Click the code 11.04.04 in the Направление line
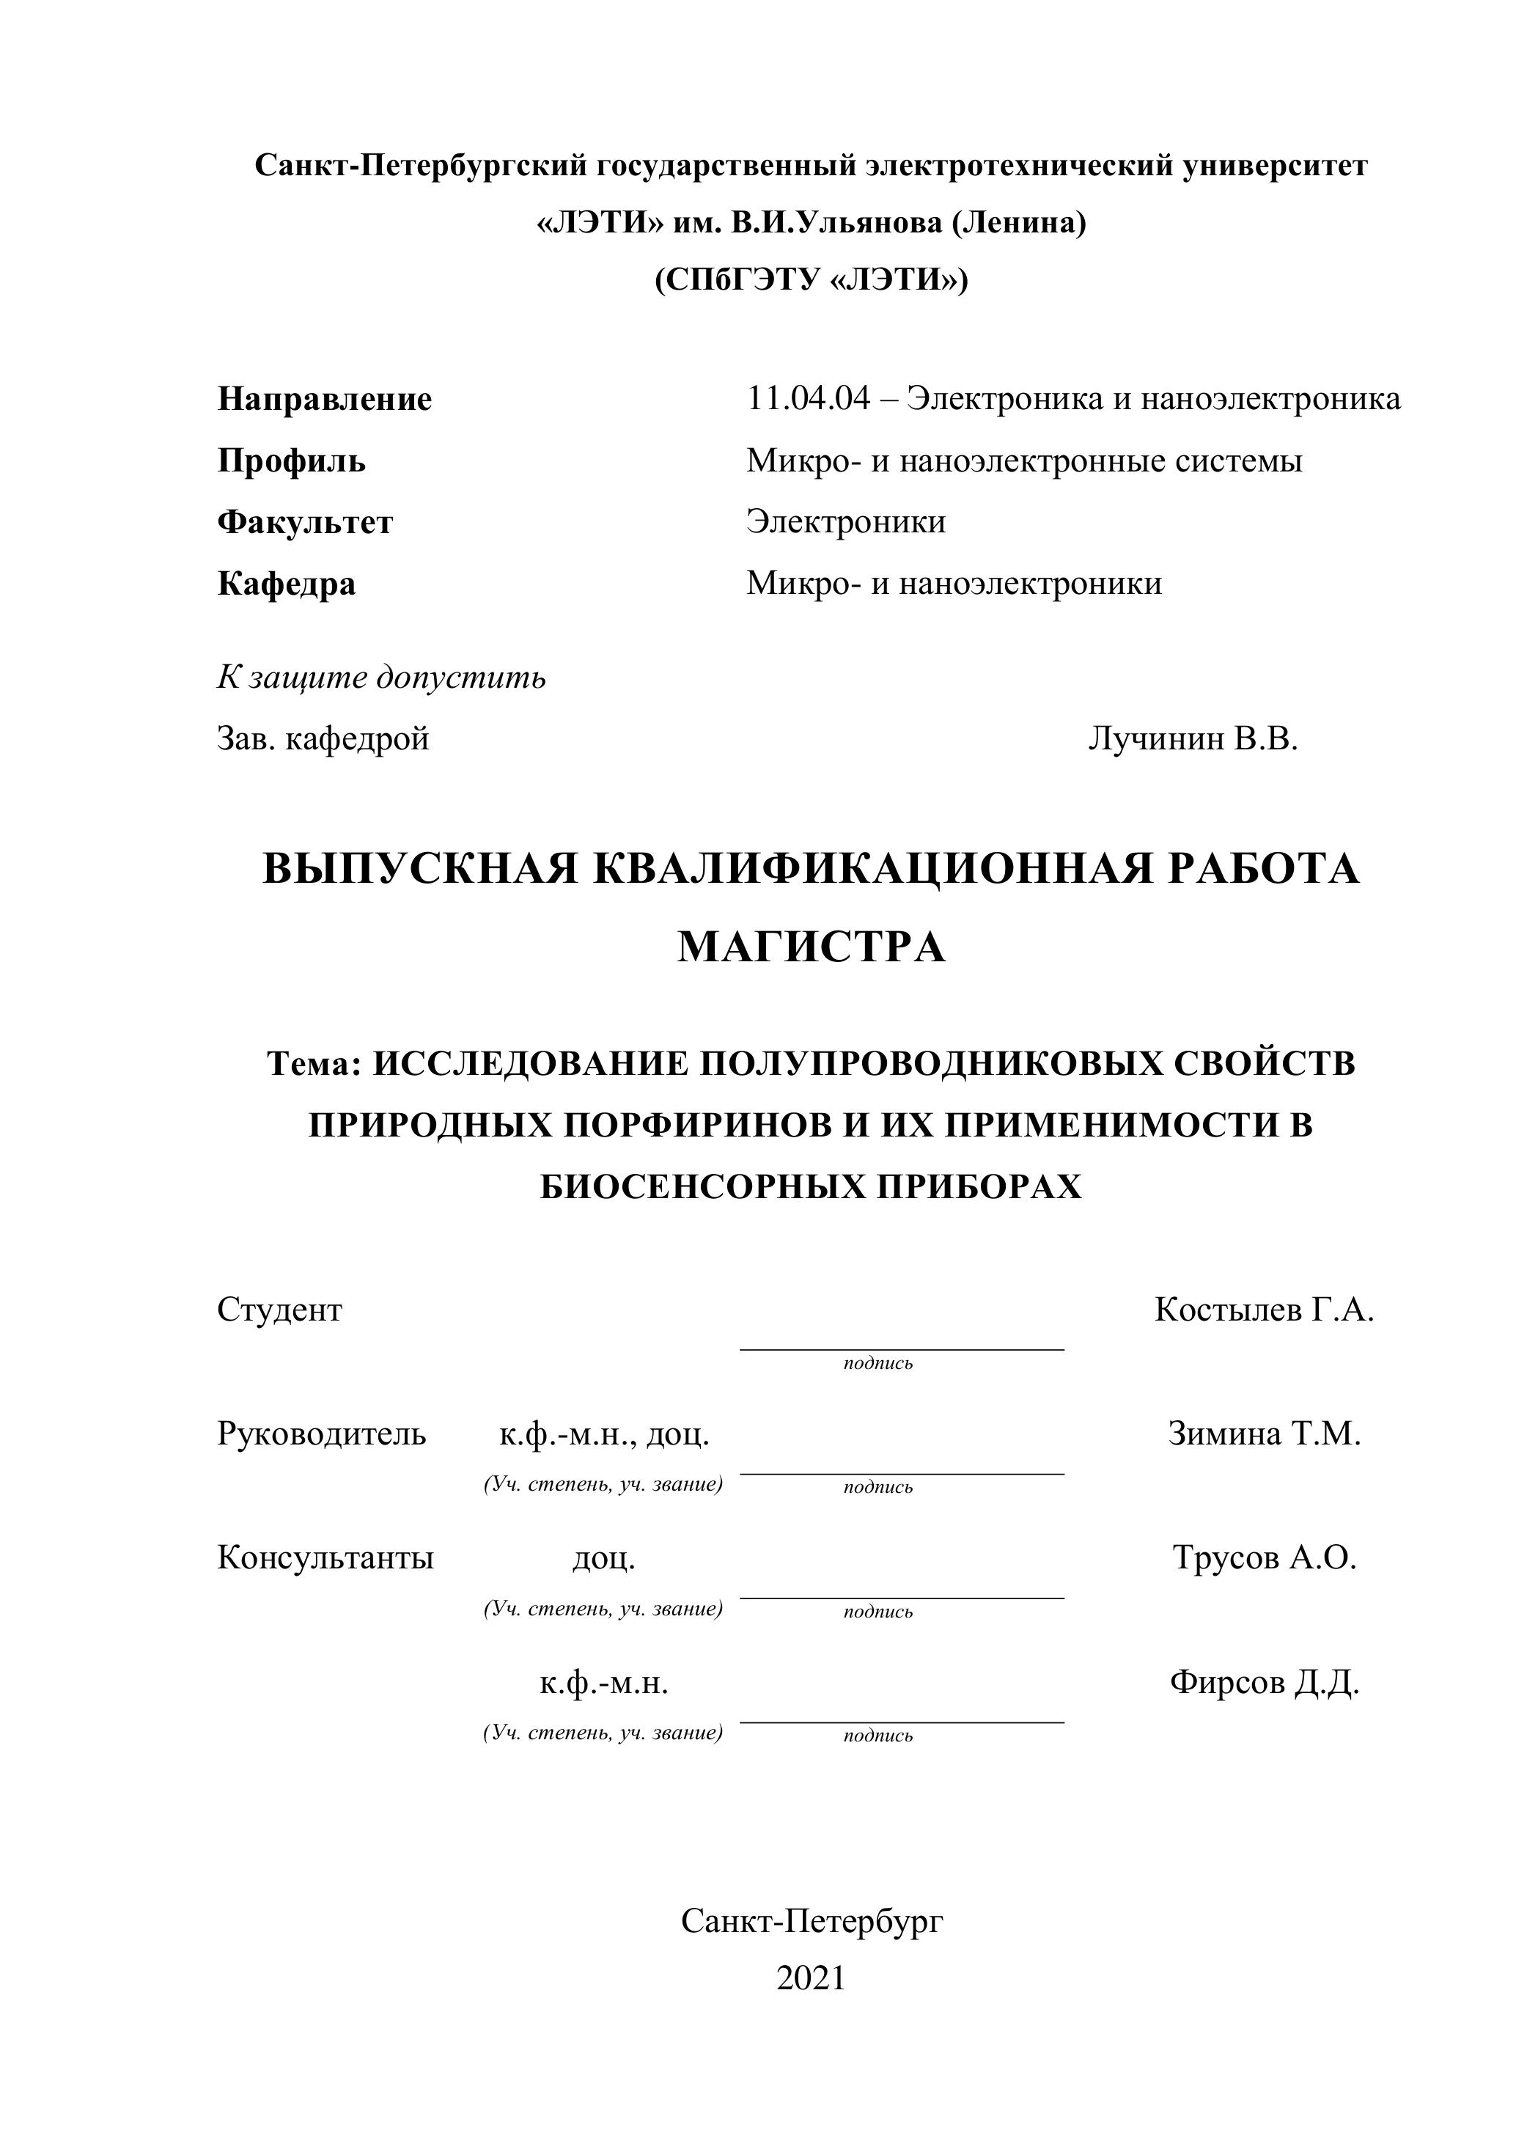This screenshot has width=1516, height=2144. [x=807, y=399]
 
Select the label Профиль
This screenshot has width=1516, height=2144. [x=291, y=460]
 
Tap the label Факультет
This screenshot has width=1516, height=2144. [x=305, y=521]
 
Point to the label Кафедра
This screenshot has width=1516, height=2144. [x=287, y=584]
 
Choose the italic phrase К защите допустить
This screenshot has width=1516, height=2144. [x=381, y=676]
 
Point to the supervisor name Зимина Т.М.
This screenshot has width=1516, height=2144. [x=1264, y=1433]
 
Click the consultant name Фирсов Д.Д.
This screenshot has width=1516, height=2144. [x=1264, y=1682]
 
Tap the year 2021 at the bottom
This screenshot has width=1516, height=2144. [x=810, y=1978]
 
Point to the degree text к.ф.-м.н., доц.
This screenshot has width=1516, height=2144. [x=604, y=1433]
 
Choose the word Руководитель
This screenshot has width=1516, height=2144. [x=321, y=1433]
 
